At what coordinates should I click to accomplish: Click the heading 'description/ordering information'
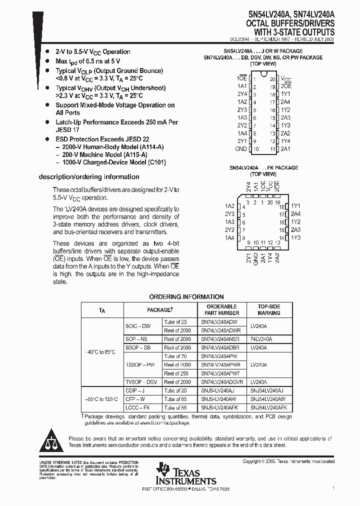(89, 177)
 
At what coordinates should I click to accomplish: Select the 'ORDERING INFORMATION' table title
(186, 297)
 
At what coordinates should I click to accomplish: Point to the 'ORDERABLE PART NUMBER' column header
(221, 309)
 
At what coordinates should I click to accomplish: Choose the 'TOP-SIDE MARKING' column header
(268, 309)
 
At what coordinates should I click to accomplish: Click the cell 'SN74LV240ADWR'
(221, 330)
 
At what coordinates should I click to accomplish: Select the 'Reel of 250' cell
(177, 373)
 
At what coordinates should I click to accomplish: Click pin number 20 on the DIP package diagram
(272, 79)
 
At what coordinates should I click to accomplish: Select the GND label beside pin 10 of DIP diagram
(241, 149)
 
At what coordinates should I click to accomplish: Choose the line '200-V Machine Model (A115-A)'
(111, 155)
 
